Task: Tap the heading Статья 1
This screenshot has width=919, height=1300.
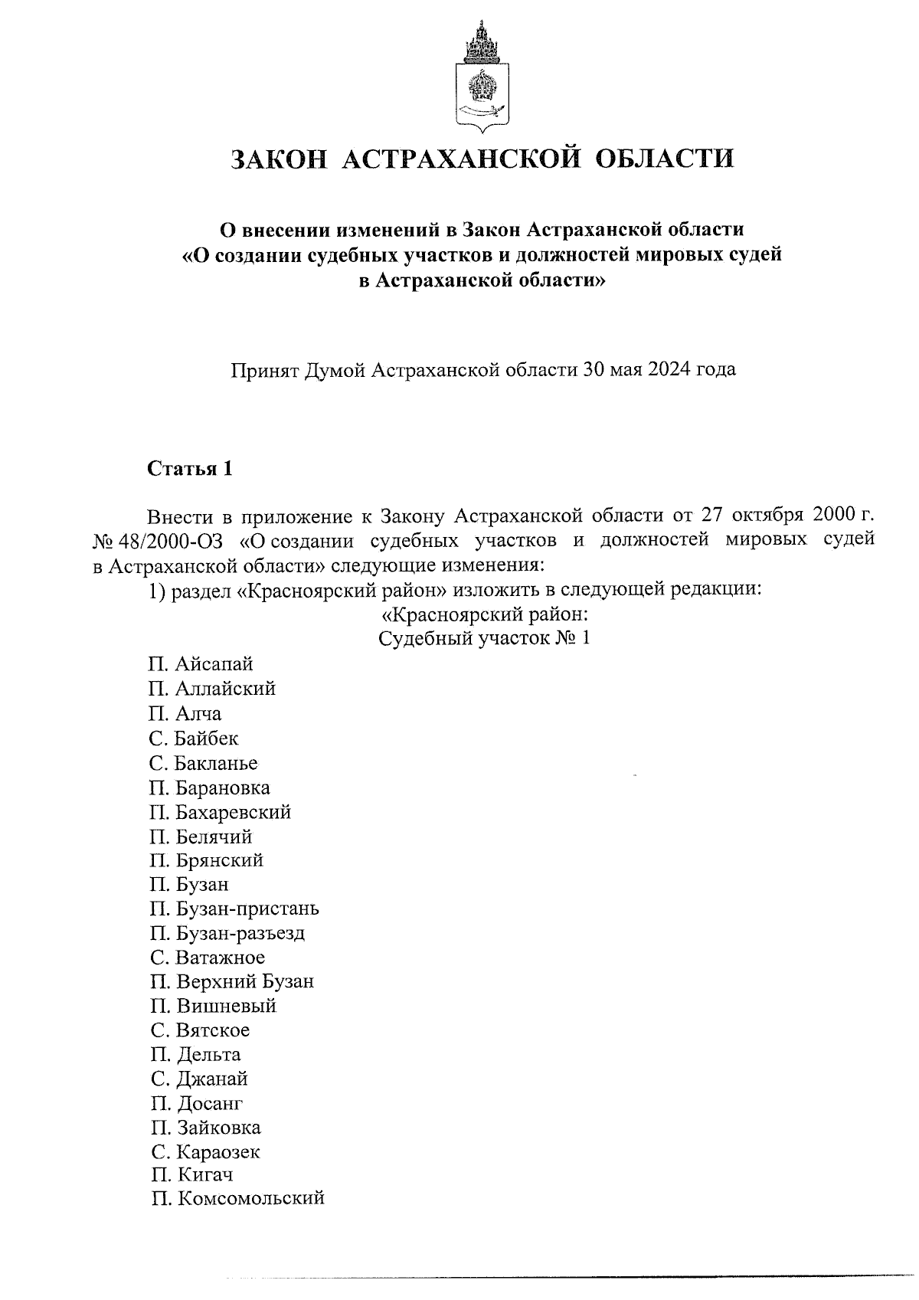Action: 189,468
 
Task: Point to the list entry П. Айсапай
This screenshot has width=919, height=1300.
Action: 201,663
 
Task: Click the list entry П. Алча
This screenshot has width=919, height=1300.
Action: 186,713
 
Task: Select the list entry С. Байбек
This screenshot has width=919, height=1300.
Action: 195,738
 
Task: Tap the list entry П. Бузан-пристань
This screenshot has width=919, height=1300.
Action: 234,909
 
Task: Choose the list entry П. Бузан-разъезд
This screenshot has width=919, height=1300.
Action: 228,933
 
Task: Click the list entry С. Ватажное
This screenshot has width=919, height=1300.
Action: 208,958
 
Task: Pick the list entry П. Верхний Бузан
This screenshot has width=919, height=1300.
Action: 232,981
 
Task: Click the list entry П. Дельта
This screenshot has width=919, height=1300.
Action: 195,1054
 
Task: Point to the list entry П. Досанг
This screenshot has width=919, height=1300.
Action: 197,1103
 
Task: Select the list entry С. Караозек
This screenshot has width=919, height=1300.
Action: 205,1151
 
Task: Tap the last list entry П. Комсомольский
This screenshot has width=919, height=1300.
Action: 237,1198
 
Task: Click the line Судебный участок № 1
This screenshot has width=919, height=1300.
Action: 484,638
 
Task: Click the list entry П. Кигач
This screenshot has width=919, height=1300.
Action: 191,1174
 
